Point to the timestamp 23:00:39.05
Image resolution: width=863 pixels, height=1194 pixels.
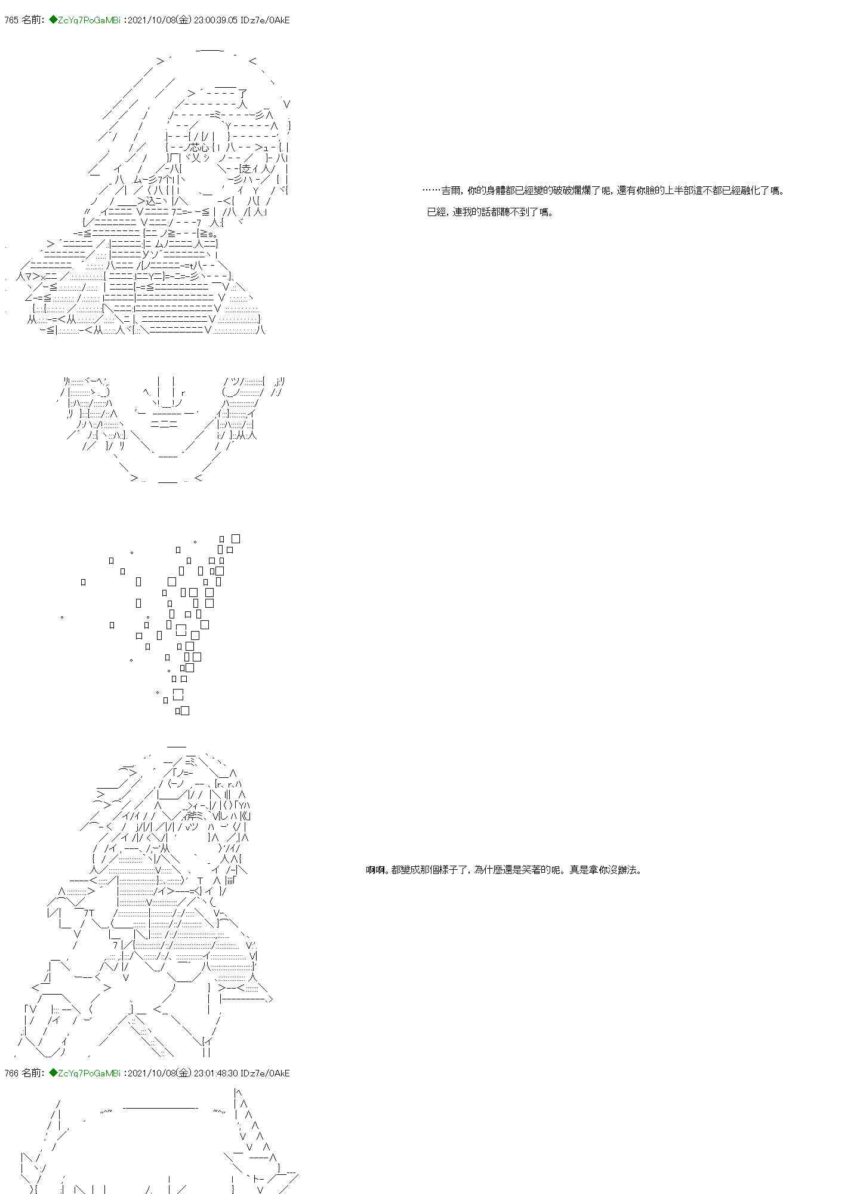click(217, 20)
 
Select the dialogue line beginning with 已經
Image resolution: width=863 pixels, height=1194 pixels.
click(490, 212)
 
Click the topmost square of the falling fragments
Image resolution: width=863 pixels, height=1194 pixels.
click(236, 538)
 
